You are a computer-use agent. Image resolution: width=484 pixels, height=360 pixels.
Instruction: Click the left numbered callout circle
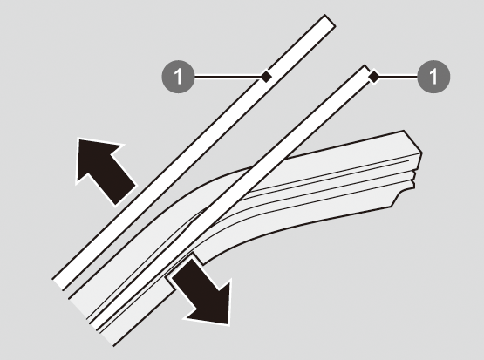tap(179, 77)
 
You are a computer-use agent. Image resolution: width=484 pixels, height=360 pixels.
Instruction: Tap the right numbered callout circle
tap(433, 77)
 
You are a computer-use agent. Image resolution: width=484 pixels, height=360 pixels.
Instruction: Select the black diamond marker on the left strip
tap(266, 76)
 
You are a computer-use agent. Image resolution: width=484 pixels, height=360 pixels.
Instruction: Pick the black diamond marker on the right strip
tap(374, 77)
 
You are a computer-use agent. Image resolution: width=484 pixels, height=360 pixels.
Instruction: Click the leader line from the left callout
tap(228, 77)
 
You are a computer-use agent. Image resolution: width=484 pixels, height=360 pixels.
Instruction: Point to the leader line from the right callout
tap(398, 77)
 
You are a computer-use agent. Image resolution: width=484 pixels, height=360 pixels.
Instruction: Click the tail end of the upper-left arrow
tap(125, 195)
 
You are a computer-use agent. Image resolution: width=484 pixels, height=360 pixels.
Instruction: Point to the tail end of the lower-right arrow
tap(182, 268)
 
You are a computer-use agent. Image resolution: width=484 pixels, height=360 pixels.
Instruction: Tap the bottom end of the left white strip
tap(58, 284)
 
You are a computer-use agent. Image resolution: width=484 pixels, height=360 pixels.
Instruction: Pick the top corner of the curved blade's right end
tap(404, 131)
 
